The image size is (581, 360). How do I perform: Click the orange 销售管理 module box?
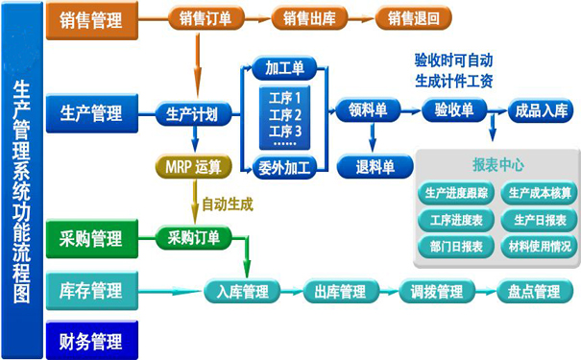(x=90, y=18)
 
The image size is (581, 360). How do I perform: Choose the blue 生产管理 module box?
(x=90, y=113)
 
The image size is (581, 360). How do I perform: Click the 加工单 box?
(x=284, y=67)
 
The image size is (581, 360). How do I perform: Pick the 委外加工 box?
(x=284, y=167)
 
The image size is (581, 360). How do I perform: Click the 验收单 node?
(x=454, y=109)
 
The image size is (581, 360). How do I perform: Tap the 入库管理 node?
(x=242, y=292)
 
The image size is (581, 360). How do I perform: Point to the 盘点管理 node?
(x=527, y=292)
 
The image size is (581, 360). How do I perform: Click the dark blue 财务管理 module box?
(x=90, y=340)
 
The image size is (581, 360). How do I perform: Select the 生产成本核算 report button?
(x=541, y=193)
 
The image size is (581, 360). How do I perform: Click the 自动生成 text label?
(x=228, y=204)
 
